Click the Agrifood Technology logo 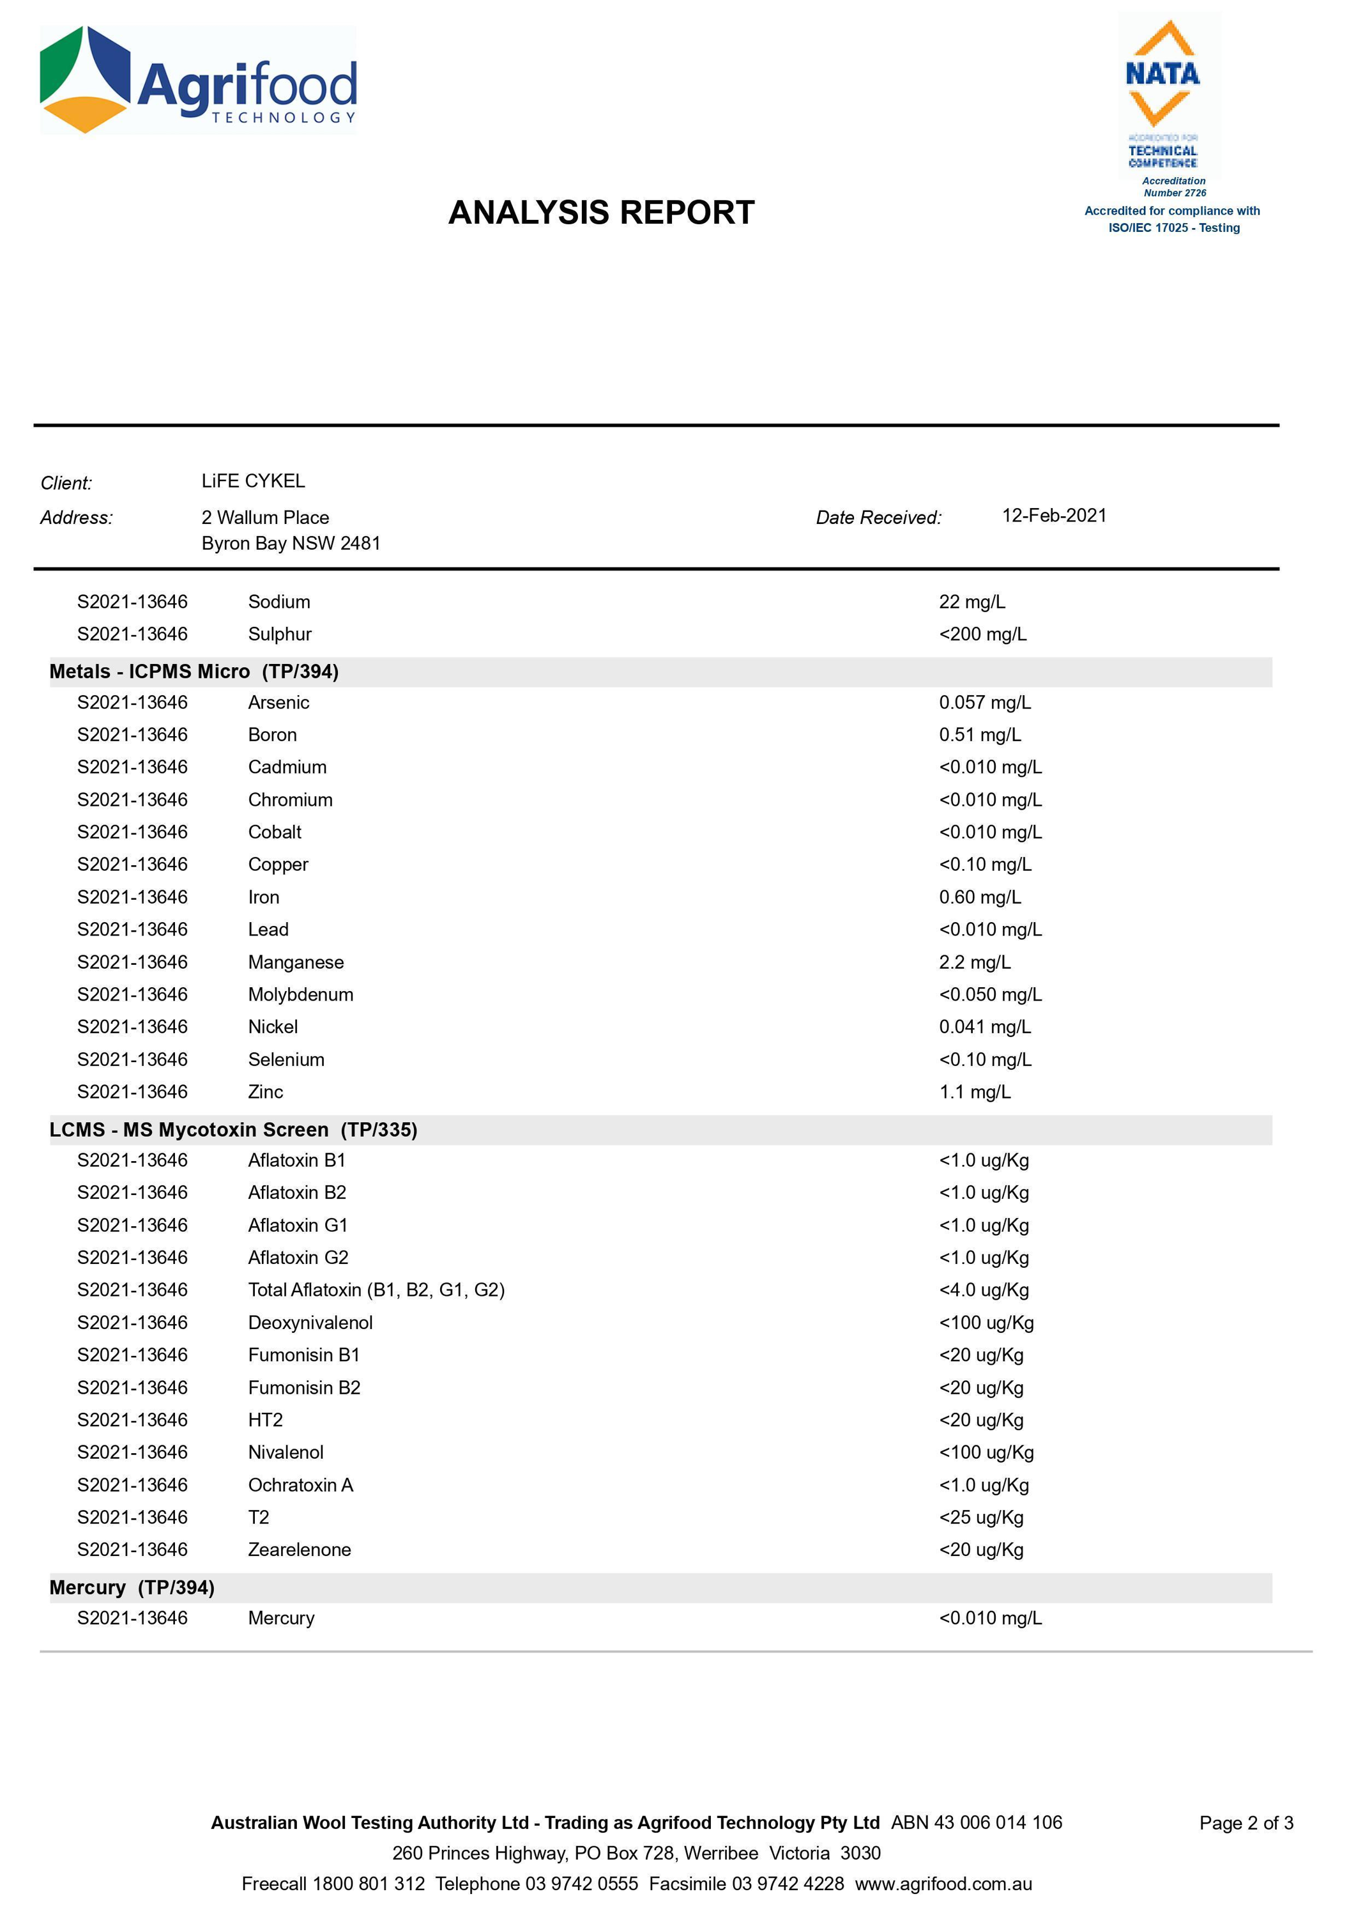[x=199, y=81]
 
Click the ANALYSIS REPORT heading [x=601, y=213]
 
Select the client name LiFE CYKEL [x=253, y=481]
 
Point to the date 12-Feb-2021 [x=1054, y=516]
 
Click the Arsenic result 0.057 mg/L [x=984, y=702]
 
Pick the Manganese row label [x=296, y=962]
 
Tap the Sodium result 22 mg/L [x=972, y=601]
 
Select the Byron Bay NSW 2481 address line [x=291, y=543]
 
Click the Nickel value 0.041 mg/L [x=984, y=1027]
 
